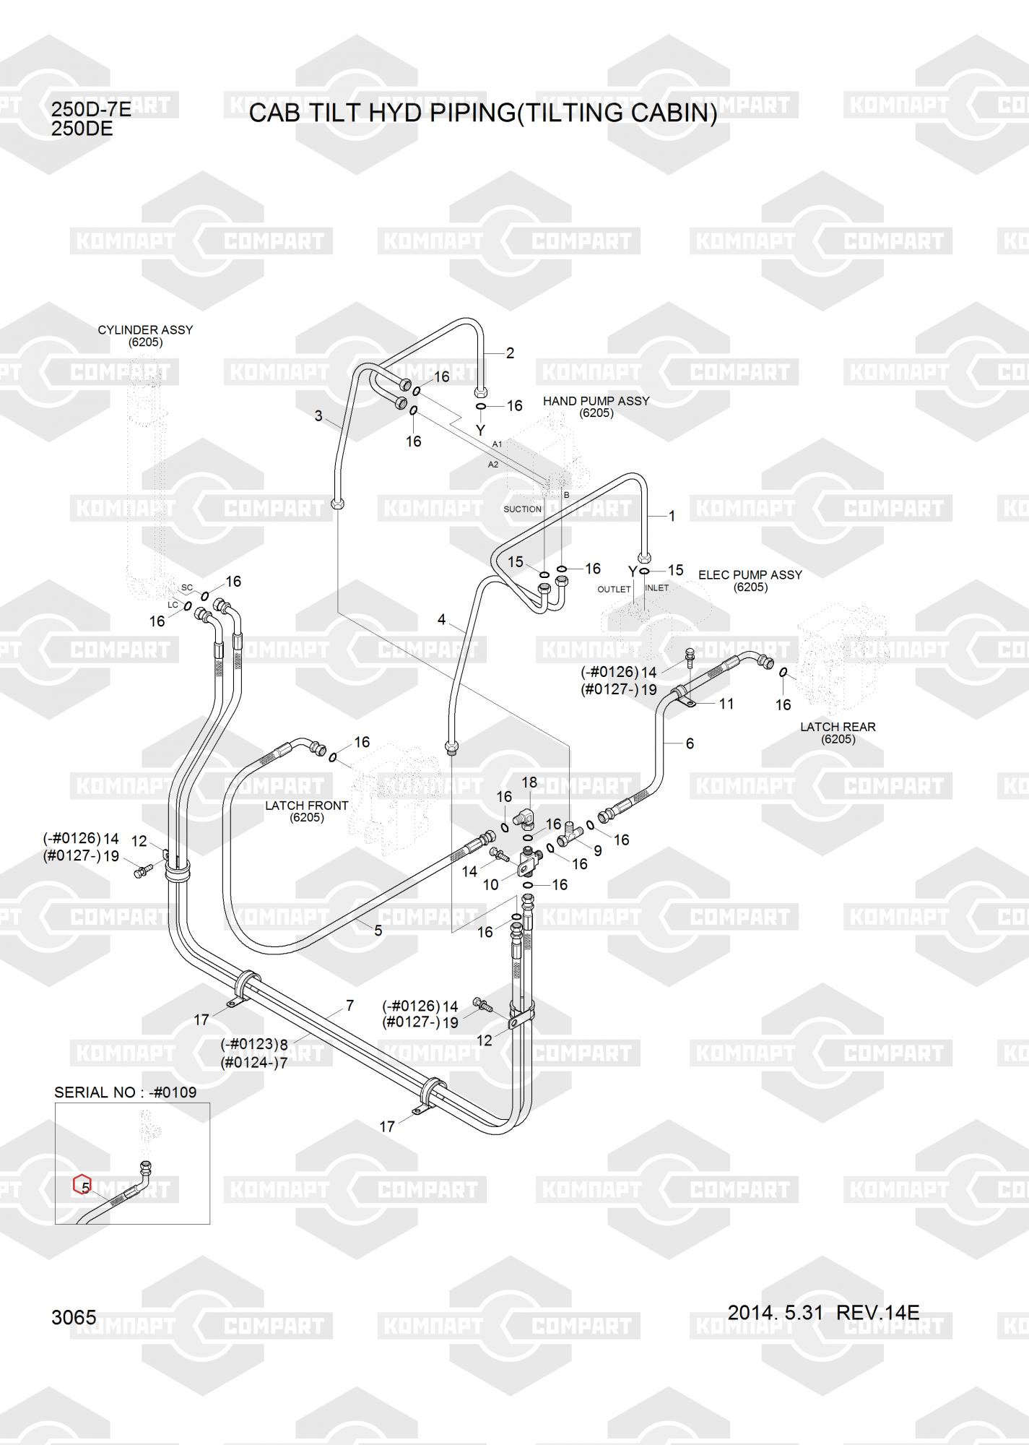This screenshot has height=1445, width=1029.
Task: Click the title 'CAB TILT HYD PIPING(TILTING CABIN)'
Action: click(x=483, y=113)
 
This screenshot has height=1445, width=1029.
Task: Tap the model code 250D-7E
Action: click(x=91, y=110)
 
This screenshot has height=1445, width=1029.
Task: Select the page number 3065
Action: click(x=74, y=1317)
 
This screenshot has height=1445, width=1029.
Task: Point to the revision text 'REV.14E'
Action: click(x=877, y=1311)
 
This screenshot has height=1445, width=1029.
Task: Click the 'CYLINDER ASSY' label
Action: click(x=145, y=330)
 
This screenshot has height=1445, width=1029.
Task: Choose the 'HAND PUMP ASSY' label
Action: click(x=596, y=401)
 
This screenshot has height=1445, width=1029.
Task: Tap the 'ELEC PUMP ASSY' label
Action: click(x=750, y=575)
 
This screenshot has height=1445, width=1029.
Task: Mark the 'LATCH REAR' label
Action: click(x=838, y=727)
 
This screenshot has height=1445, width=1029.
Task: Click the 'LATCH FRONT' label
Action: click(x=306, y=806)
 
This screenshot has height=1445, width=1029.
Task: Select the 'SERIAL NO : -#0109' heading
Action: click(x=125, y=1092)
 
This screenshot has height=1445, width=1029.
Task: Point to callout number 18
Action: click(x=529, y=782)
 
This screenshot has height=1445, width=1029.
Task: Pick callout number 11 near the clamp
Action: click(x=726, y=704)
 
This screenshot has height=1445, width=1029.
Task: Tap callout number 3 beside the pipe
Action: click(x=318, y=416)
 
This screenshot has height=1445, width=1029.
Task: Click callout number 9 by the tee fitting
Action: click(x=597, y=851)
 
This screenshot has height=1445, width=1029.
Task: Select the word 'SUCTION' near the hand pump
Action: click(x=522, y=509)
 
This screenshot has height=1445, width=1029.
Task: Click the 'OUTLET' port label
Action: click(x=614, y=590)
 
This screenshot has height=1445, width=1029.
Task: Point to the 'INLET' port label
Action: click(x=656, y=588)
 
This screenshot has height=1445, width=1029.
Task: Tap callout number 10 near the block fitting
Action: click(x=490, y=884)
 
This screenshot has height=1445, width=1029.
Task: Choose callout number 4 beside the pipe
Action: click(x=442, y=620)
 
